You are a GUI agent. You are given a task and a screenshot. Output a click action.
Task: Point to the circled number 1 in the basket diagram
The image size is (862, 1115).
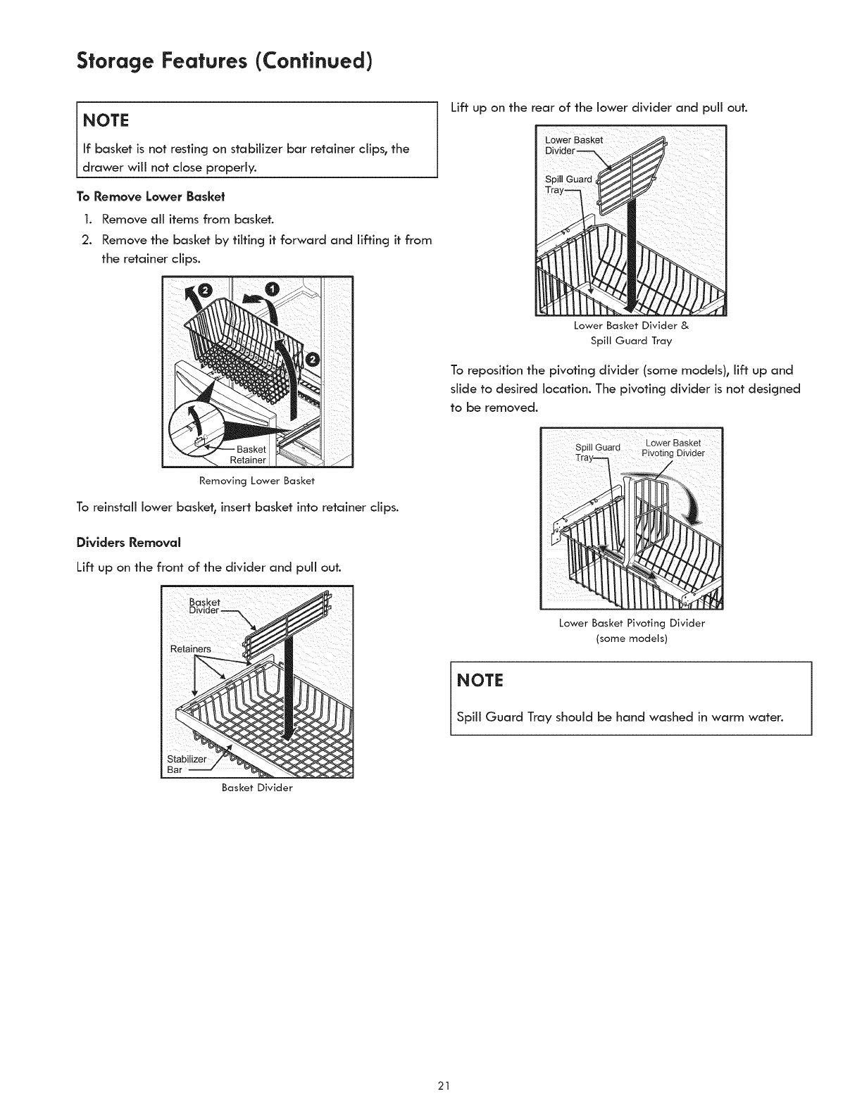click(x=273, y=289)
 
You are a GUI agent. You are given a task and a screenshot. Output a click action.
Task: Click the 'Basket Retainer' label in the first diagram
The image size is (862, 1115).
click(x=250, y=455)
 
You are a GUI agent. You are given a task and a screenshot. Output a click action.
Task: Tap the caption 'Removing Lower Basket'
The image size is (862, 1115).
click(x=257, y=481)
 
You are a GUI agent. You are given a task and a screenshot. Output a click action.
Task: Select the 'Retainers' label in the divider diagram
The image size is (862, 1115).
click(x=191, y=648)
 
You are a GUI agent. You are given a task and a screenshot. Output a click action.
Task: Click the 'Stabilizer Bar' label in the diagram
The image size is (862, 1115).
click(x=187, y=764)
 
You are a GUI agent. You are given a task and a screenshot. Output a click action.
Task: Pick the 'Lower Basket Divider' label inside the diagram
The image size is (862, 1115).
click(x=574, y=145)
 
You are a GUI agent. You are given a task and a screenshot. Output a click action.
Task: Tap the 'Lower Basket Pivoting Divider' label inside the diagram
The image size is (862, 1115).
click(x=673, y=448)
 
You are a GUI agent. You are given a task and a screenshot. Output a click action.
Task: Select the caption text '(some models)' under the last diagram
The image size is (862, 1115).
click(x=632, y=638)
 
